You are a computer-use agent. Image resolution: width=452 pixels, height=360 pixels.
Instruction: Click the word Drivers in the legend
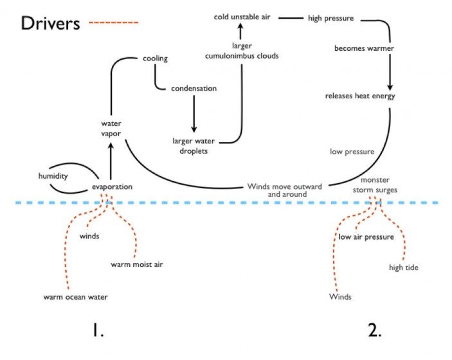[x=51, y=23]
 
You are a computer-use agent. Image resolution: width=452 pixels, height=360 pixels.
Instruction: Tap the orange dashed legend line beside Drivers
[x=114, y=22]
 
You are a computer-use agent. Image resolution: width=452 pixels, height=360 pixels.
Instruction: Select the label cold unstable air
[x=242, y=17]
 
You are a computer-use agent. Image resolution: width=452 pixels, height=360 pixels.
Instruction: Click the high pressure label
[x=330, y=18]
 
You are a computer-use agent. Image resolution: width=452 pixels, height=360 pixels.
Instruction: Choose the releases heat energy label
[x=360, y=96]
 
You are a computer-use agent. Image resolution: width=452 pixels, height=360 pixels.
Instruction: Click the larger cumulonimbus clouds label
[x=241, y=51]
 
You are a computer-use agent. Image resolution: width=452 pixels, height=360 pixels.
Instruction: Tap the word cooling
[x=155, y=59]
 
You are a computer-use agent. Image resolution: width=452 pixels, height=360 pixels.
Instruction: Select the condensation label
[x=194, y=88]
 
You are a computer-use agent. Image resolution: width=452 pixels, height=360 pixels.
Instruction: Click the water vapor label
[x=111, y=128]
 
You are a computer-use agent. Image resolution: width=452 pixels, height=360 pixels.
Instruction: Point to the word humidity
[x=53, y=175]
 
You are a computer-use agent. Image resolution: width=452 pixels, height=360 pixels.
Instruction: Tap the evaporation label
[x=112, y=187]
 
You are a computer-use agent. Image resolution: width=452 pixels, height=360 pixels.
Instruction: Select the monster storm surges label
[x=379, y=185]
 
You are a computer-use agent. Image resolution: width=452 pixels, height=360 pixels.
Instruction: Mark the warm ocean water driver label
[x=75, y=297]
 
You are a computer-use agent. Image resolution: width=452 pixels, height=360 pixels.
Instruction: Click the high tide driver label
[x=404, y=267]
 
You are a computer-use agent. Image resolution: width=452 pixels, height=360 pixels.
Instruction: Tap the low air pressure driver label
[x=366, y=237]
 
